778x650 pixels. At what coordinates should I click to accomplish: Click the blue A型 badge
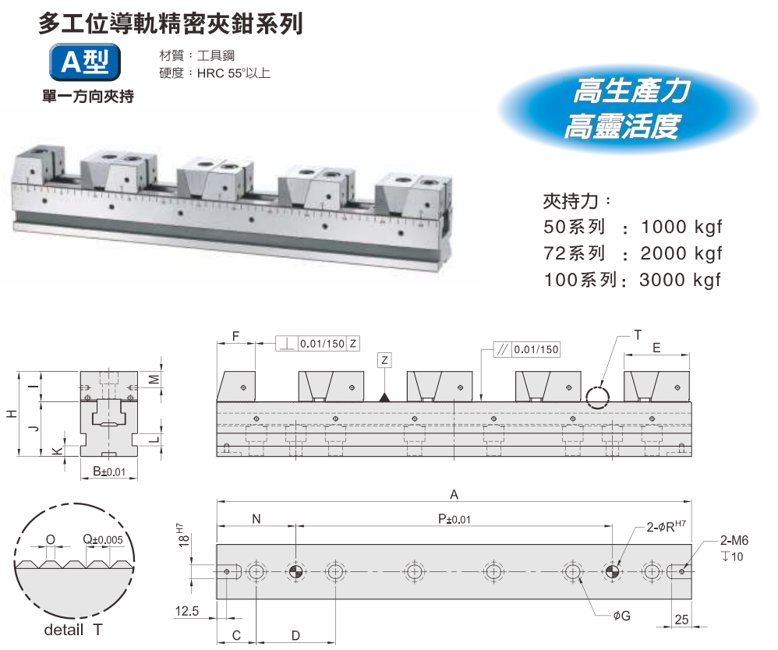85,63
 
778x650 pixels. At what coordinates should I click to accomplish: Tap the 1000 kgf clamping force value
681,228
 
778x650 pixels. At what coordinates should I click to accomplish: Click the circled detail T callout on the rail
599,396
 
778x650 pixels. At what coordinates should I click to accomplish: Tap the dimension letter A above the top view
454,494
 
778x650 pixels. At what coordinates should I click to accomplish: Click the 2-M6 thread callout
734,542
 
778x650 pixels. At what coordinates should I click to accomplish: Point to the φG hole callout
621,616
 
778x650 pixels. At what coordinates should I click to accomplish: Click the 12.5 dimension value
187,612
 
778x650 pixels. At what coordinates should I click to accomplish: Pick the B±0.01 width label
109,472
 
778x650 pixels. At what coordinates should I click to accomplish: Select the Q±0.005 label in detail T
103,539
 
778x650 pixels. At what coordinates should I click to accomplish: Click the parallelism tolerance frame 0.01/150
529,350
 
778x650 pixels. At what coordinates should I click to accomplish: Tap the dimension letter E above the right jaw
656,349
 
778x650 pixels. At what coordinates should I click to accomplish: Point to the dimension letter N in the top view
256,519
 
